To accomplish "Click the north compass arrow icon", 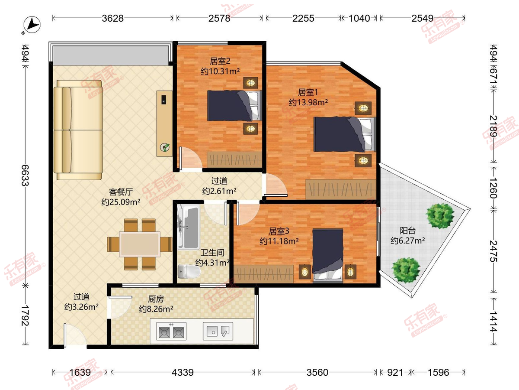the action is (x=32, y=25).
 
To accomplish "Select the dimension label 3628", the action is (x=112, y=18).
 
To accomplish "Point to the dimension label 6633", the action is (x=25, y=175).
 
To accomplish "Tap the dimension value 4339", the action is (x=183, y=373).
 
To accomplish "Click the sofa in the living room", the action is (x=78, y=130).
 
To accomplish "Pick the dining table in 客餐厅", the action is (x=140, y=244).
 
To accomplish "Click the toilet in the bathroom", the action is (x=189, y=271).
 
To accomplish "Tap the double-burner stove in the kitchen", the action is (x=171, y=331).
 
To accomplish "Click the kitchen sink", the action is (x=218, y=331).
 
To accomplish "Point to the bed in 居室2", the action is (x=234, y=106).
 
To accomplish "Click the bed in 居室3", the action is (x=328, y=256).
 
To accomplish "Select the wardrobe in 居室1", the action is (x=341, y=189).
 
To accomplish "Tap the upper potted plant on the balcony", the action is (x=439, y=216).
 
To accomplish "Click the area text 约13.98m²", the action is (x=308, y=102).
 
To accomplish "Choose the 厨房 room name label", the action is (x=156, y=299).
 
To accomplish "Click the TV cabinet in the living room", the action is (x=165, y=123).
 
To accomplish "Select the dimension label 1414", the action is (x=493, y=322).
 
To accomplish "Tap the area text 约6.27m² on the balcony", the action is (x=408, y=240).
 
